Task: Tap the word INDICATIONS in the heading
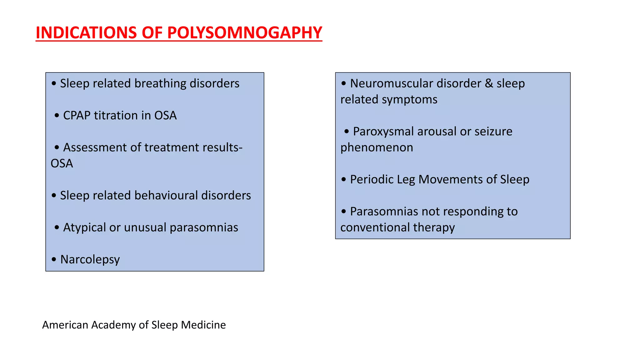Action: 86,32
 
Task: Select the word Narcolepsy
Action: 90,259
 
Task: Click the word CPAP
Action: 77,115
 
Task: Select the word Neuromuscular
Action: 392,83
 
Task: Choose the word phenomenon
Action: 377,147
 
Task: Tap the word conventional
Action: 375,227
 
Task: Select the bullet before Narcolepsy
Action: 54,259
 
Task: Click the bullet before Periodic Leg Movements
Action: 344,179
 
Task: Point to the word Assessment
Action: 95,147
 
